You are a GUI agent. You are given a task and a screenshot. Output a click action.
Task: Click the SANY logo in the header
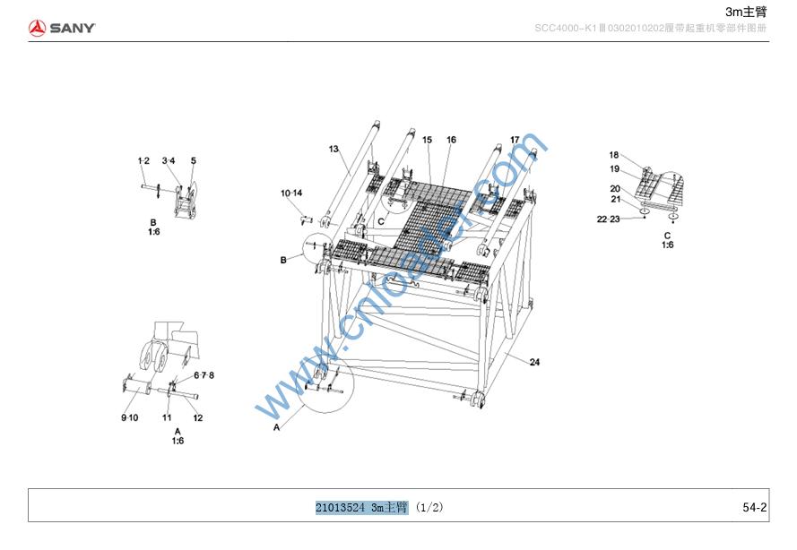(61, 28)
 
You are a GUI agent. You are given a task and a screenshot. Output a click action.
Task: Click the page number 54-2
(754, 508)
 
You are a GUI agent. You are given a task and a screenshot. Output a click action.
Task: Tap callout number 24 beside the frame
(534, 362)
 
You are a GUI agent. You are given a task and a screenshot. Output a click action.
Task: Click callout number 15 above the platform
(427, 141)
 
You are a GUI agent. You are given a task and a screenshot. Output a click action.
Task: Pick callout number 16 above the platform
(451, 141)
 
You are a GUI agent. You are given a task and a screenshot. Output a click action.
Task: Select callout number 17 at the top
(515, 140)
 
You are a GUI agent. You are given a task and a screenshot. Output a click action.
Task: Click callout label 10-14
(291, 193)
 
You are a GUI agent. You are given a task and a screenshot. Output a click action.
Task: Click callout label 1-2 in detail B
(143, 161)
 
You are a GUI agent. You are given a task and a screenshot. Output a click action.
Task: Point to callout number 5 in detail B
(193, 161)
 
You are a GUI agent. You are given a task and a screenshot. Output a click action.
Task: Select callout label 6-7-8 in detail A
(204, 375)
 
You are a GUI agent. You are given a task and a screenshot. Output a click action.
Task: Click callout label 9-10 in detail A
(129, 418)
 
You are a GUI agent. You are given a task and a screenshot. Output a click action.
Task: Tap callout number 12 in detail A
(198, 418)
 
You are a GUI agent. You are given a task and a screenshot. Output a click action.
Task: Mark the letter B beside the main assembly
(283, 260)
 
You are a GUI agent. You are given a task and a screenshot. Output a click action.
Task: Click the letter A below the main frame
(276, 429)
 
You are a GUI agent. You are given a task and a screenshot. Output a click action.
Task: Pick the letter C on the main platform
(381, 220)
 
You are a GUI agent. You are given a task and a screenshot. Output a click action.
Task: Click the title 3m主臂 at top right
(746, 11)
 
